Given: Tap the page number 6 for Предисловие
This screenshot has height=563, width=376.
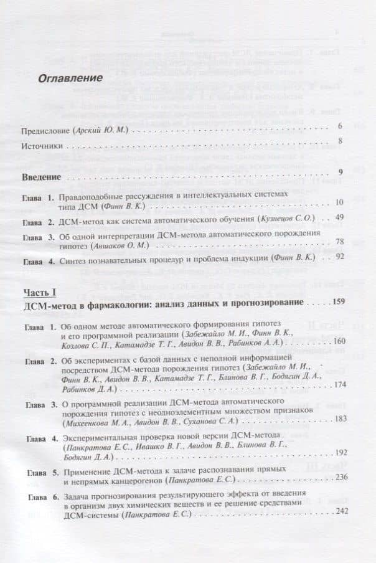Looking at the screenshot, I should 341,127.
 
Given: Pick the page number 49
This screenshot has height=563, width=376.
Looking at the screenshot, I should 339,217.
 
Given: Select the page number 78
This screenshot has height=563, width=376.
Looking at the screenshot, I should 339,244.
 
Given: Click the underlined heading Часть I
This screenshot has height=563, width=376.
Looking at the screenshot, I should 39,293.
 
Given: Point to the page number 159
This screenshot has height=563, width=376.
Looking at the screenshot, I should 338,302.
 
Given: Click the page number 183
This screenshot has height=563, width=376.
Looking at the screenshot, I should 339,418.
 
